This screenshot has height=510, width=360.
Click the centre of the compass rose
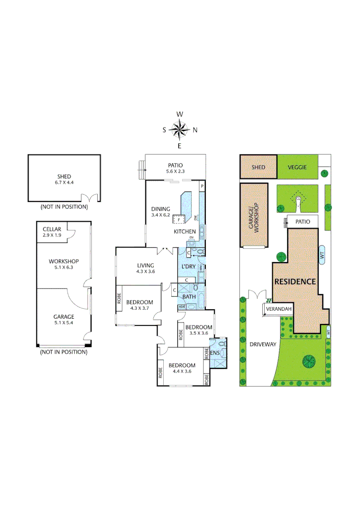[x=180, y=130]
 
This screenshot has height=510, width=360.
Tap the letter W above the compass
[x=180, y=114]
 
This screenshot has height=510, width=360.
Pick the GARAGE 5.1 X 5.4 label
[x=64, y=320]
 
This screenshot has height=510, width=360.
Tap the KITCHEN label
[x=184, y=231]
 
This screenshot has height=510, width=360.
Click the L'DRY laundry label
[x=189, y=267]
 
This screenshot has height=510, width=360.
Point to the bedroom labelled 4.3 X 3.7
[x=140, y=305]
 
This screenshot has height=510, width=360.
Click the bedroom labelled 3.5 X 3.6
[x=198, y=330]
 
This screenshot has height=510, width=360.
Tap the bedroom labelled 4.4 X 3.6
[x=182, y=368]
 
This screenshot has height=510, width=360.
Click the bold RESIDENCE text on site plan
[x=295, y=281]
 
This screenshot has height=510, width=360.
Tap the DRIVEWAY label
[x=263, y=344]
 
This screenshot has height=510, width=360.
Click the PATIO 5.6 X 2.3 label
[x=176, y=168]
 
